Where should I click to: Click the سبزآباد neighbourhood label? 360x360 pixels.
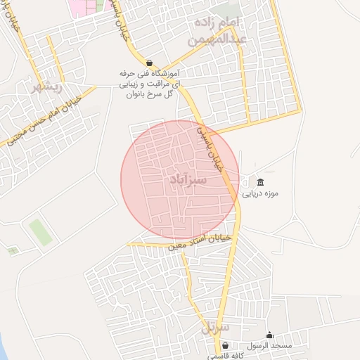click(188, 181)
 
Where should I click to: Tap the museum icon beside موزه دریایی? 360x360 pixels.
click(261, 182)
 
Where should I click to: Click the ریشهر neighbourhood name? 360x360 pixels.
click(47, 87)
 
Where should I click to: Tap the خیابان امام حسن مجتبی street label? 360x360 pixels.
click(41, 120)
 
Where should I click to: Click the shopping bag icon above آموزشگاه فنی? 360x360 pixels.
click(149, 62)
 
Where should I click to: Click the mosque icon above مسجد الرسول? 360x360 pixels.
click(269, 335)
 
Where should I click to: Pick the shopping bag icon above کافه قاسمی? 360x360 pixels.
click(225, 345)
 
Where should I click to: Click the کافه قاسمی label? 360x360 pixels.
click(225, 356)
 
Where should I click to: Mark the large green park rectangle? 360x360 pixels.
click(41, 232)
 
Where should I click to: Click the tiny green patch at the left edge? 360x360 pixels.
click(12, 250)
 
